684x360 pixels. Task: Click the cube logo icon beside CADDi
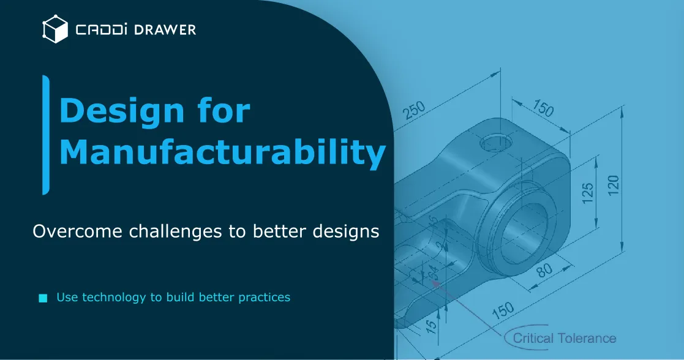click(x=54, y=29)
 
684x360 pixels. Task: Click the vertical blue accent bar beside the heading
click(x=45, y=135)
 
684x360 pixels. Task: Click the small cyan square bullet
click(x=43, y=298)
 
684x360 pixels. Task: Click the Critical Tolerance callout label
click(x=564, y=338)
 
